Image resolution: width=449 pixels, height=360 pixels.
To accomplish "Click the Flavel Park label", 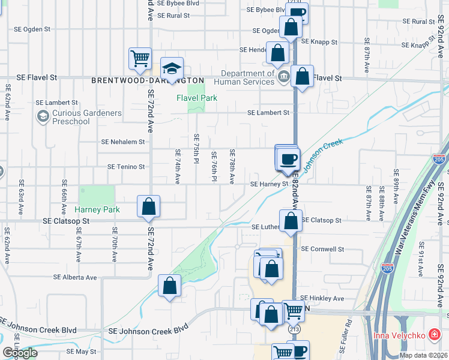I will tap(196, 98).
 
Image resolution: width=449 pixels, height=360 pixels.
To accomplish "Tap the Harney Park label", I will tap(97, 209).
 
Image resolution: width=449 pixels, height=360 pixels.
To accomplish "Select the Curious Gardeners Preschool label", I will tap(78, 117).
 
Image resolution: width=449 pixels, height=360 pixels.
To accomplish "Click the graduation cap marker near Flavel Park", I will tap(172, 68).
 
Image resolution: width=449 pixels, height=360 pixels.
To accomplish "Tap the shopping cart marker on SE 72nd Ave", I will tap(140, 59).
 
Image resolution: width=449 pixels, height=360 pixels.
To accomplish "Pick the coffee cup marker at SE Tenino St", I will tap(288, 159).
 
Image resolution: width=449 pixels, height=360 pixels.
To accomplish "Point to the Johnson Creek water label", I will tap(324, 154).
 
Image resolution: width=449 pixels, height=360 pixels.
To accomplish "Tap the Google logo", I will tap(20, 353).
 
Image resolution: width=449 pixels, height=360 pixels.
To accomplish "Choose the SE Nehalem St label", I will tap(123, 142).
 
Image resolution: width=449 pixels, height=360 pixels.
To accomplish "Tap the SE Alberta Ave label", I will tap(75, 277).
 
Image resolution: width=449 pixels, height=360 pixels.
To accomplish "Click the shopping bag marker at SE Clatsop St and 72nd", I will tap(148, 206).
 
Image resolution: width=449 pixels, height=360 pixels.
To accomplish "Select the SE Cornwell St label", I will tap(322, 249).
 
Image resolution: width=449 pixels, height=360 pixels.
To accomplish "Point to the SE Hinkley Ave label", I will tap(322, 298).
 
